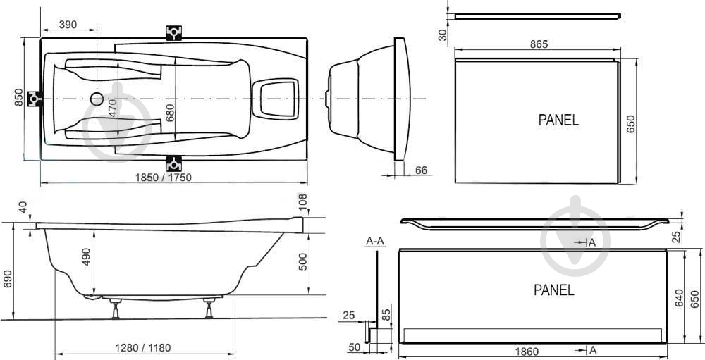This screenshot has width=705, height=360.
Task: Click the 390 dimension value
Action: pos(68,24)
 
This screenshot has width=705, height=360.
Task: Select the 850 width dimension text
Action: pos(18,97)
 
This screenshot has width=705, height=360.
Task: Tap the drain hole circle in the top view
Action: pos(97,99)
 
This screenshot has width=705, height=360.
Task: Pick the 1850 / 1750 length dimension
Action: pos(164,178)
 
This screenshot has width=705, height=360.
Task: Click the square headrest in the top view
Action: pos(275,99)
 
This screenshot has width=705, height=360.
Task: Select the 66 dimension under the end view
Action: pos(421,170)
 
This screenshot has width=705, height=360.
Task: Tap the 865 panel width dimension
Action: pos(539,44)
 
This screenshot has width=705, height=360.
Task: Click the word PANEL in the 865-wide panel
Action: pos(559,120)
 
